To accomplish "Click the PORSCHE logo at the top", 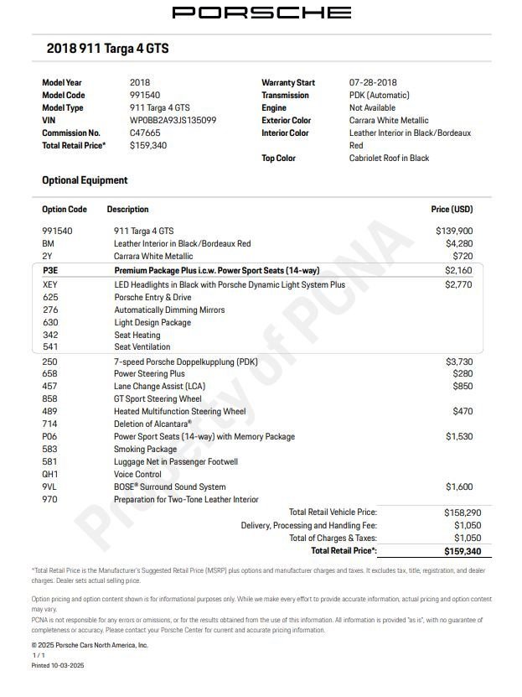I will tap(261, 13).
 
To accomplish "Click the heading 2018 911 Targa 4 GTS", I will tap(107, 49).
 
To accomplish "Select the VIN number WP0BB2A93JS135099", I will tap(173, 121).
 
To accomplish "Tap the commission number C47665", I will tap(145, 133).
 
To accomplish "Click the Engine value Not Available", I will tap(372, 108).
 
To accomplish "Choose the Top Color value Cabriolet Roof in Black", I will tap(389, 159).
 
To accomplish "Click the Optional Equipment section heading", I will tap(85, 180).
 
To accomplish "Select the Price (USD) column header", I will tap(452, 210).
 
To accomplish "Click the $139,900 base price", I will tap(453, 231).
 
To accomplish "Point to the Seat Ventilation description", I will tap(142, 347).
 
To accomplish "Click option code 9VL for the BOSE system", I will tap(50, 487).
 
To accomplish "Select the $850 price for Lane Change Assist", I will tap(462, 387).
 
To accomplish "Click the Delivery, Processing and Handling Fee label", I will tap(308, 525).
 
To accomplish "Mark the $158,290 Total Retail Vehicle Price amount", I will tap(457, 512).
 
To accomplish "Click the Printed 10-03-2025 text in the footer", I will tap(58, 665).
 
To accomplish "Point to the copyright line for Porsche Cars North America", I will tap(90, 645).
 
